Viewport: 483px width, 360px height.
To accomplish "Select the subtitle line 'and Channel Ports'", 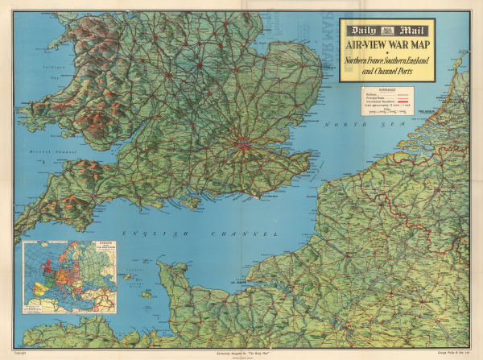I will point(386,70).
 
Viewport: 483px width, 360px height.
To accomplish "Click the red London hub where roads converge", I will point(241,146).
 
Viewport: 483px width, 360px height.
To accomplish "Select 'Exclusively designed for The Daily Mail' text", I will point(241,353).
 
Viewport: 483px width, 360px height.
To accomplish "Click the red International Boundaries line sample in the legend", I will point(400,101).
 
